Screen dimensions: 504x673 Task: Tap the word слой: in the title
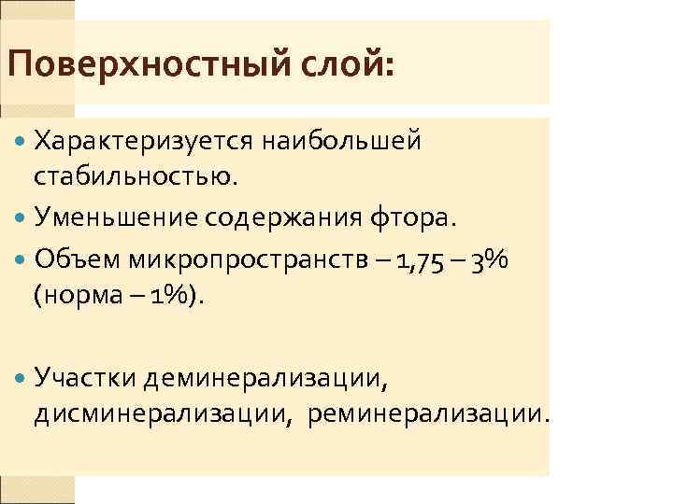(344, 66)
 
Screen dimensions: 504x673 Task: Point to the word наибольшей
(342, 142)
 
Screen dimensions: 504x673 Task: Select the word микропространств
(249, 262)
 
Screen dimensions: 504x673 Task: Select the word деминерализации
(264, 377)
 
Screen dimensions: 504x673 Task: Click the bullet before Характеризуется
(21, 142)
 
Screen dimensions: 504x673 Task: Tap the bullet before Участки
(21, 377)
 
